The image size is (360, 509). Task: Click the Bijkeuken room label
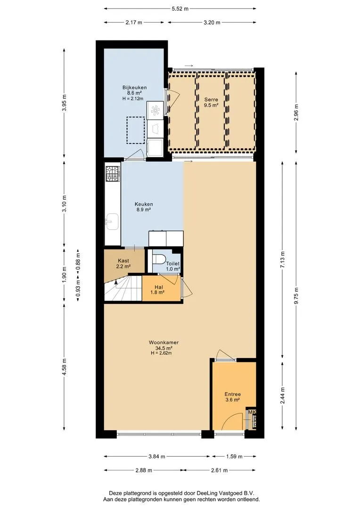(134, 87)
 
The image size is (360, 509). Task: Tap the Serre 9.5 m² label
(211, 102)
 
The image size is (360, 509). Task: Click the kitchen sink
(112, 222)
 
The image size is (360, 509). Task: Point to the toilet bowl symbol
(158, 259)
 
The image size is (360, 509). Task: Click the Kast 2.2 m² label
(123, 263)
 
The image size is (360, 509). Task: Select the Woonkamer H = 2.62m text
(161, 353)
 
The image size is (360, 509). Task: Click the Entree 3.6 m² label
(233, 397)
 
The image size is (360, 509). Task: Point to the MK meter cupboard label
(252, 412)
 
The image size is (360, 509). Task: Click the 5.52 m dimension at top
(180, 9)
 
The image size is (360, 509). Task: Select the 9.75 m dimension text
(296, 296)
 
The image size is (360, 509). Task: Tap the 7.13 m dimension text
(282, 260)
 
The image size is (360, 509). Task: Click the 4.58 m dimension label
(64, 367)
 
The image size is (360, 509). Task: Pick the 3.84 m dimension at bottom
(157, 456)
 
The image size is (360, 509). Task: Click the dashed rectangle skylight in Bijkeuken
(136, 130)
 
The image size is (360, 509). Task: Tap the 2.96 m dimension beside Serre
(296, 112)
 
